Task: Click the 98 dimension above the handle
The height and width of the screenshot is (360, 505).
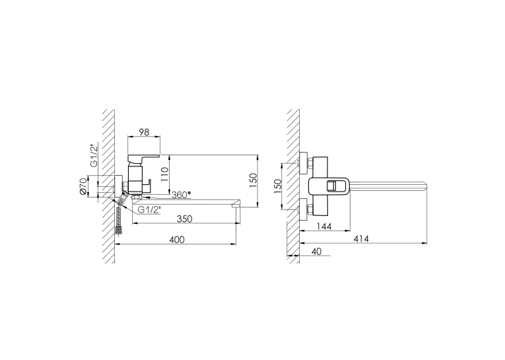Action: pyautogui.click(x=144, y=132)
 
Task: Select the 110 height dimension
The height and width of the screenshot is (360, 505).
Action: pyautogui.click(x=165, y=174)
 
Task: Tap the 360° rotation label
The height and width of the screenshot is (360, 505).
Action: pyautogui.click(x=181, y=195)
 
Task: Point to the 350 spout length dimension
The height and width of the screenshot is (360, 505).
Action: pyautogui.click(x=185, y=219)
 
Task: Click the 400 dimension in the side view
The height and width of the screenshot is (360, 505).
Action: pyautogui.click(x=177, y=240)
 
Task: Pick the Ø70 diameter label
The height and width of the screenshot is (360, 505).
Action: pyautogui.click(x=83, y=186)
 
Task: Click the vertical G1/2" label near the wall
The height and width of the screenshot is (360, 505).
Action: pyautogui.click(x=94, y=156)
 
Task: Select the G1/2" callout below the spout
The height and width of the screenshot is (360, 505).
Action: pyautogui.click(x=149, y=210)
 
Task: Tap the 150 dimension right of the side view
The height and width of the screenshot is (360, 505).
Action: pyautogui.click(x=253, y=181)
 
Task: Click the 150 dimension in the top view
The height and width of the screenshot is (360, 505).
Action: pyautogui.click(x=277, y=186)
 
